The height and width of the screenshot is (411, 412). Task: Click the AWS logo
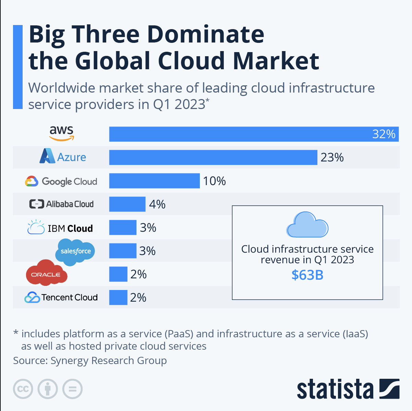pos(62,133)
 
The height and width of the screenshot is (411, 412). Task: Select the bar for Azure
pos(213,157)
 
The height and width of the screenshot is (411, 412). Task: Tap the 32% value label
pos(384,134)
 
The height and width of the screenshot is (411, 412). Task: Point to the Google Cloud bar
pos(154,181)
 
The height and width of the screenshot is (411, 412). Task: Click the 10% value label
pos(214,181)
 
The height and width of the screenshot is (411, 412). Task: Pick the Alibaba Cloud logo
pos(61,204)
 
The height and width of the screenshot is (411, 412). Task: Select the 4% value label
pos(157,204)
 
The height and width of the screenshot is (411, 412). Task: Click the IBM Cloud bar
pos(123,228)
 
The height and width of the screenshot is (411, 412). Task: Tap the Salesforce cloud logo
pos(75,252)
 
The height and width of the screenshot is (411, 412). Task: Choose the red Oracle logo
pos(46,274)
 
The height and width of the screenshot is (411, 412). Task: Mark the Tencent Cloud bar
pos(118,298)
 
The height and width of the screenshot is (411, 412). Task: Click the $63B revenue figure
pos(307,275)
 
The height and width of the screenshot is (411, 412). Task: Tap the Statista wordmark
pos(335,389)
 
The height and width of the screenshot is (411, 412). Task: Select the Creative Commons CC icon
pos(23,389)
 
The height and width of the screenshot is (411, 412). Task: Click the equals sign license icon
pos(72,389)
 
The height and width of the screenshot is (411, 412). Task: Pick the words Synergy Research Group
pos(108,361)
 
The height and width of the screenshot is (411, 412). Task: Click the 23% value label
pos(332,157)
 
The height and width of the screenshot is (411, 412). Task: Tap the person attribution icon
pos(48,389)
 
